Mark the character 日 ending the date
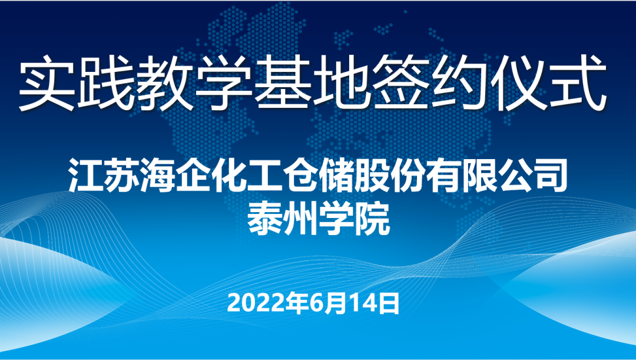tap(389, 303)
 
